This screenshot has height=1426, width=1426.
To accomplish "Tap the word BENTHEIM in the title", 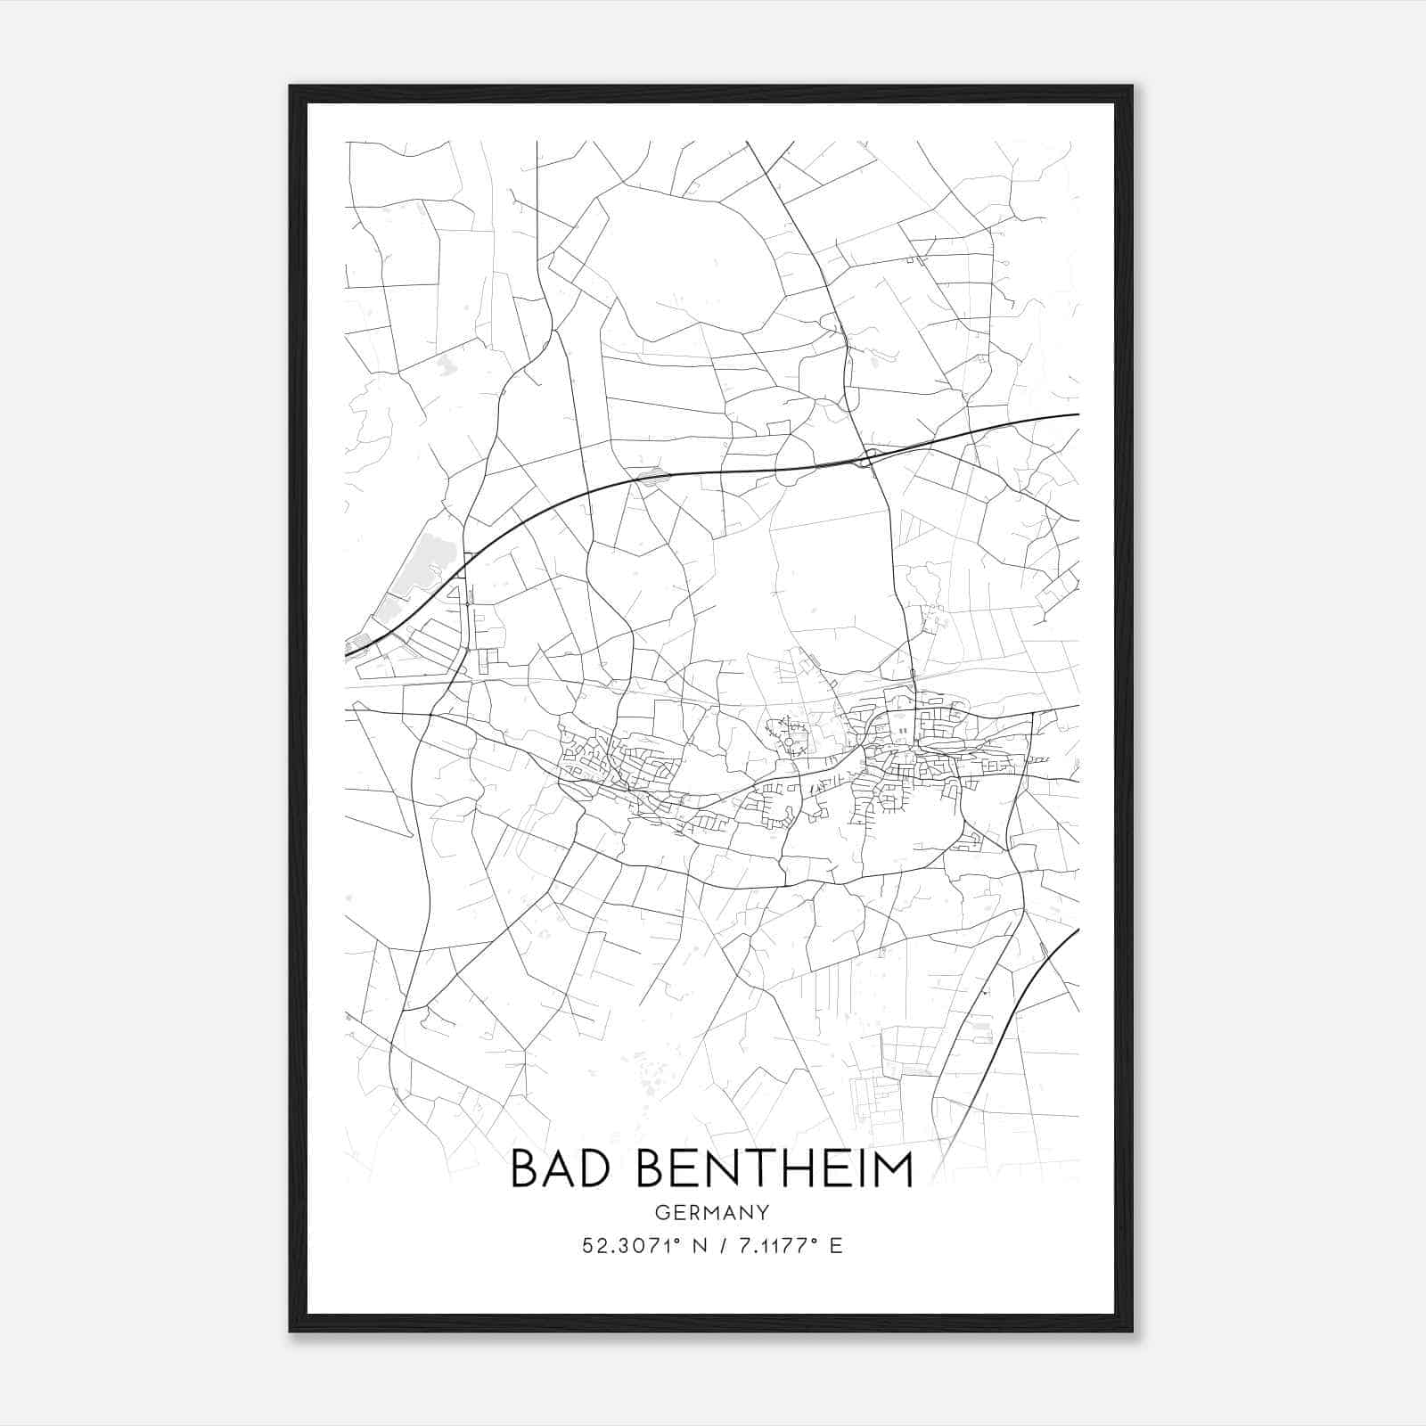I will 775,1169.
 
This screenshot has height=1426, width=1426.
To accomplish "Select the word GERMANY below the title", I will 712,1212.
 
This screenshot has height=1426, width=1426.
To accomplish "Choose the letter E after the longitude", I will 835,1246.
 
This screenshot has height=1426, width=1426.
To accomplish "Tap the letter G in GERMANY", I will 661,1212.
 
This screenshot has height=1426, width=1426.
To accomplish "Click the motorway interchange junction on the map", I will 868,458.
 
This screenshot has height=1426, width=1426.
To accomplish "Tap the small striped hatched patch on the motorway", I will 654,479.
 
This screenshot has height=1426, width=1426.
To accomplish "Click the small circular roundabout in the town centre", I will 788,742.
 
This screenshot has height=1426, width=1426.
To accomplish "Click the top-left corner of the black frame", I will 291,86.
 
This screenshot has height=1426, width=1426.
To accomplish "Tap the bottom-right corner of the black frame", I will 1132,1331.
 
